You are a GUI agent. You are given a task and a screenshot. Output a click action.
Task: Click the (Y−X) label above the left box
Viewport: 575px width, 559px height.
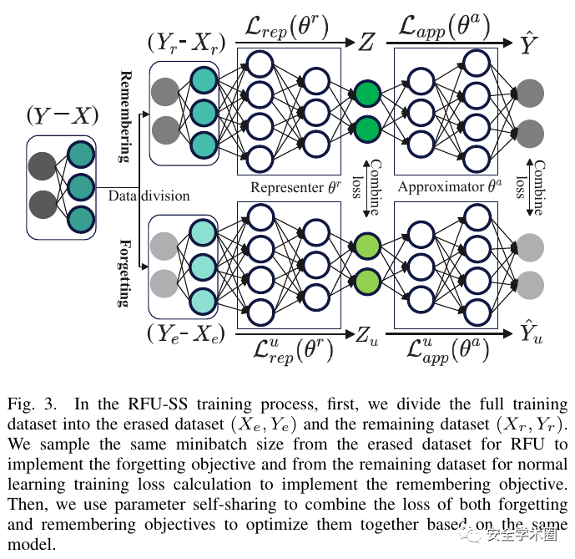click(63, 114)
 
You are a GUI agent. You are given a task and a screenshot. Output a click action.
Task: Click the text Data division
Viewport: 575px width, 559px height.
click(149, 196)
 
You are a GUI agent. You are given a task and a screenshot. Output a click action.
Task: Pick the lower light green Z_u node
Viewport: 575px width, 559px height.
click(366, 282)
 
